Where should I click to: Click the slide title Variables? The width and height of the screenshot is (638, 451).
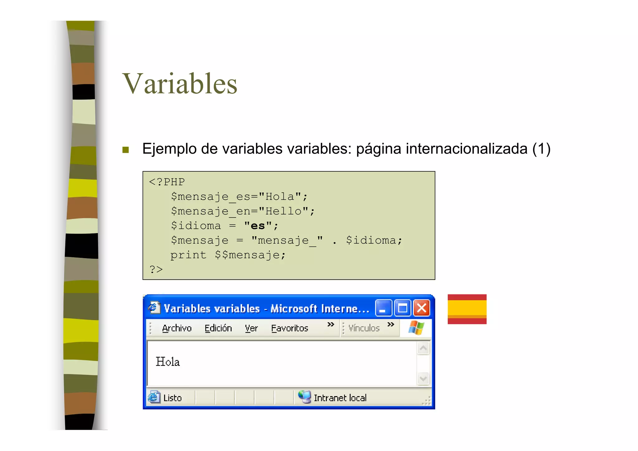(180, 84)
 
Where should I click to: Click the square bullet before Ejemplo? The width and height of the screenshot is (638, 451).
(126, 150)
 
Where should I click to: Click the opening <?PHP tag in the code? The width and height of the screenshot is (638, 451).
(167, 182)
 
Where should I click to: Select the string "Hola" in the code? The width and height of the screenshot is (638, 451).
(279, 197)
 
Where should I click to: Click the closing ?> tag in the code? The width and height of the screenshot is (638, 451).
(156, 269)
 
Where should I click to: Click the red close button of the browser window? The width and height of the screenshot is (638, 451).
(421, 308)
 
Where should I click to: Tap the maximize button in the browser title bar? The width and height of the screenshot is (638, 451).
(402, 308)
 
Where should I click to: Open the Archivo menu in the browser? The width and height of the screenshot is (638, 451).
(177, 328)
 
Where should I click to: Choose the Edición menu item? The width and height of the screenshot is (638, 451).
(218, 328)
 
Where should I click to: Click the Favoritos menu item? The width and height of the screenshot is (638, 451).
(289, 328)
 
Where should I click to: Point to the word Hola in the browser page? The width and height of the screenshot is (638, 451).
(168, 362)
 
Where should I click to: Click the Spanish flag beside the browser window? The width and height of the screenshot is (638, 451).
(467, 309)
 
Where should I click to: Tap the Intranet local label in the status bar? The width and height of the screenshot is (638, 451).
(340, 398)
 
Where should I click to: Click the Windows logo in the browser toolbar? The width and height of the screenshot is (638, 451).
(416, 328)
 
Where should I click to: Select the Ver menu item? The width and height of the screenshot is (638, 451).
(251, 328)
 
